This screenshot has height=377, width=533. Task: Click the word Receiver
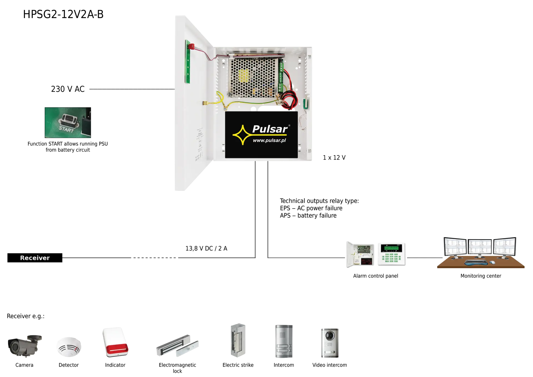point(35,258)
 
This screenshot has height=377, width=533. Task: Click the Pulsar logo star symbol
point(242,135)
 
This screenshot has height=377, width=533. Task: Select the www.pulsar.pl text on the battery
point(269,140)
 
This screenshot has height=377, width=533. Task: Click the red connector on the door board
point(191,46)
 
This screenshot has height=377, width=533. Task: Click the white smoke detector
point(69,346)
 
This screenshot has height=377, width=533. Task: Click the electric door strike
point(238,340)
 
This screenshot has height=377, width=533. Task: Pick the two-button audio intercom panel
point(284,342)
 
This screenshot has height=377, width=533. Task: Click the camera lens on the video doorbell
point(330,335)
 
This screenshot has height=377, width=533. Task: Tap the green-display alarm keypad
point(391,254)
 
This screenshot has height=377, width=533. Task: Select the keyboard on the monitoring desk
point(476,262)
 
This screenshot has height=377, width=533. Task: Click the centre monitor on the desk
point(480,247)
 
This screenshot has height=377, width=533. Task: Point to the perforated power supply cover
point(253,77)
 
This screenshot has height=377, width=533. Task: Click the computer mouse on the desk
point(492,262)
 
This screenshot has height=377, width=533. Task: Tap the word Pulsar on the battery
point(270,129)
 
